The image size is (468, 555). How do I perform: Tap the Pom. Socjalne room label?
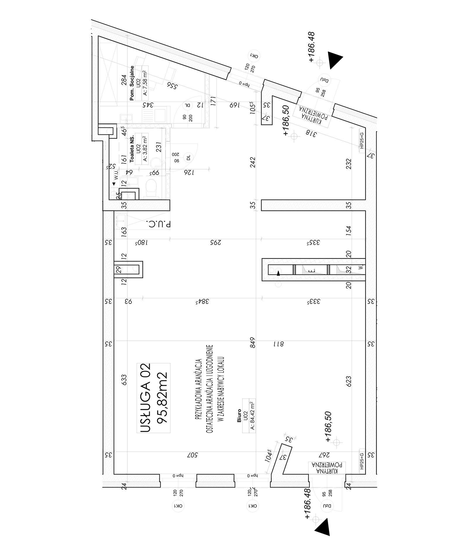(132, 83)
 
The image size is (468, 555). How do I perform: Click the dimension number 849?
(253, 343)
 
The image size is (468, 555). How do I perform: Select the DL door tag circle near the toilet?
(188, 158)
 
